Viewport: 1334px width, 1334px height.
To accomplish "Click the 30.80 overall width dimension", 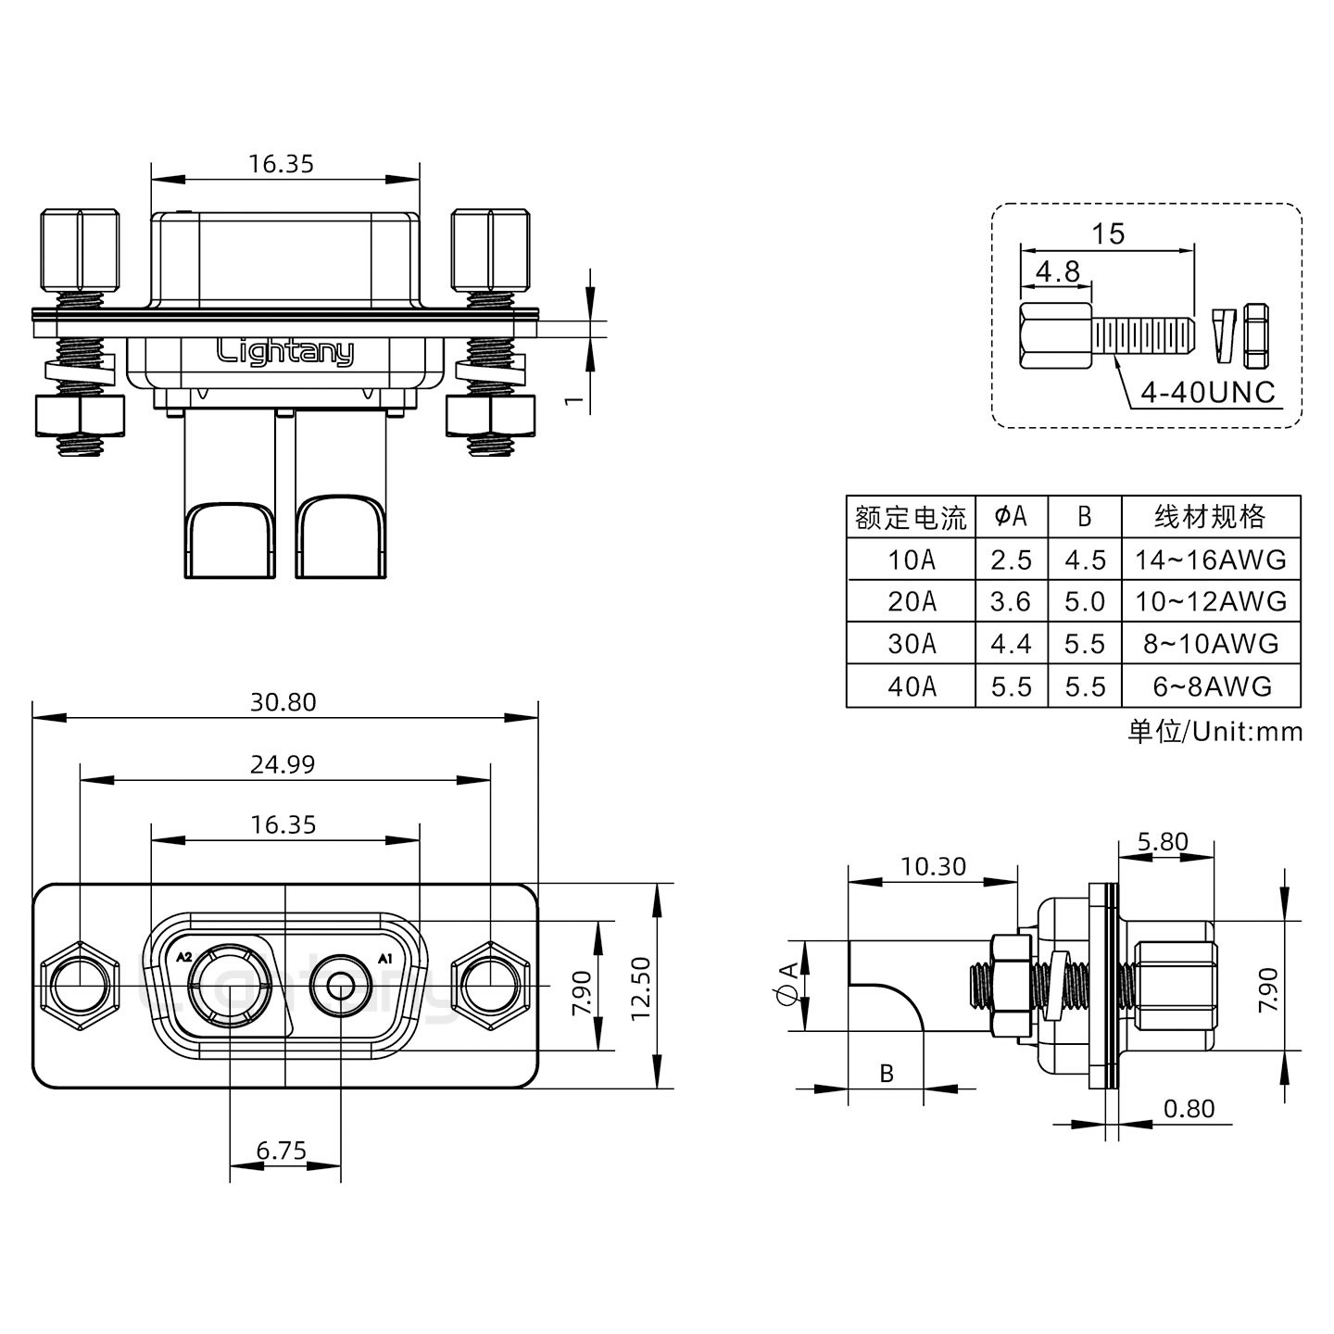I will pos(283,702).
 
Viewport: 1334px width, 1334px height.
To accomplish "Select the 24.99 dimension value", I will pos(283,764).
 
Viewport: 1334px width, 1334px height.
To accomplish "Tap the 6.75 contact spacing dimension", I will pos(282,1151).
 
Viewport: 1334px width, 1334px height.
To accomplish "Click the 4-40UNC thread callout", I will pos(1207,393).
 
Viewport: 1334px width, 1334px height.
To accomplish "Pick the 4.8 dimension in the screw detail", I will pos(1057,271).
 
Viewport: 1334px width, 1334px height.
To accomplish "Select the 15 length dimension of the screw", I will pos(1107,233).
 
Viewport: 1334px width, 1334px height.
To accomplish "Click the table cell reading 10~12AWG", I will pos(1211,601).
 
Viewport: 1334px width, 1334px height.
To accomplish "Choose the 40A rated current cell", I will pos(912,686).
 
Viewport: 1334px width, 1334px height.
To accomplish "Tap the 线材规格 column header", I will pos(1210,517).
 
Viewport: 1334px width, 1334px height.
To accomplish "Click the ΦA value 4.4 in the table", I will pos(1010,644).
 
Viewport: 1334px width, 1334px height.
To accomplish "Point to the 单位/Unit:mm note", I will pos(1214,732).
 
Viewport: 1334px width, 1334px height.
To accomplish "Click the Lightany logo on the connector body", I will pos(284,352).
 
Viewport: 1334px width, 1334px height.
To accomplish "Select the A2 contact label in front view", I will pos(183,957).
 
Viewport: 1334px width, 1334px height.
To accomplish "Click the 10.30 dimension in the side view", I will pos(932,866).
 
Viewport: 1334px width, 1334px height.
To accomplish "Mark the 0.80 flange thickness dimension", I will pos(1189,1109).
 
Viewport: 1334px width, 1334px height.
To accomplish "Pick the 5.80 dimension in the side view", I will pos(1162,841).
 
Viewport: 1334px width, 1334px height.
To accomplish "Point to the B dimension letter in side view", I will pos(887,1073).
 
